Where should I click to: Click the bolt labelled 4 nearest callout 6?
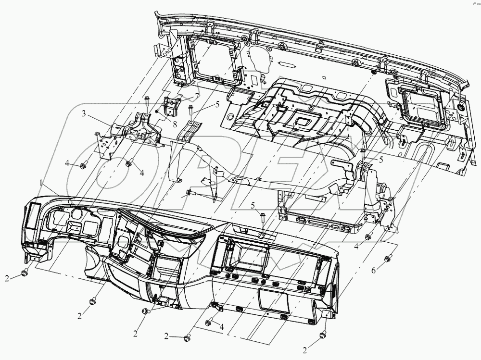[x=369, y=236]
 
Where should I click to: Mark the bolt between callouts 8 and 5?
[x=191, y=110]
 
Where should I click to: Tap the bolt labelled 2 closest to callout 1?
[x=24, y=273]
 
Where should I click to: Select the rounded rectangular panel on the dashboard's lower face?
[x=273, y=300]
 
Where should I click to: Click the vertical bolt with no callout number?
[x=147, y=102]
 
